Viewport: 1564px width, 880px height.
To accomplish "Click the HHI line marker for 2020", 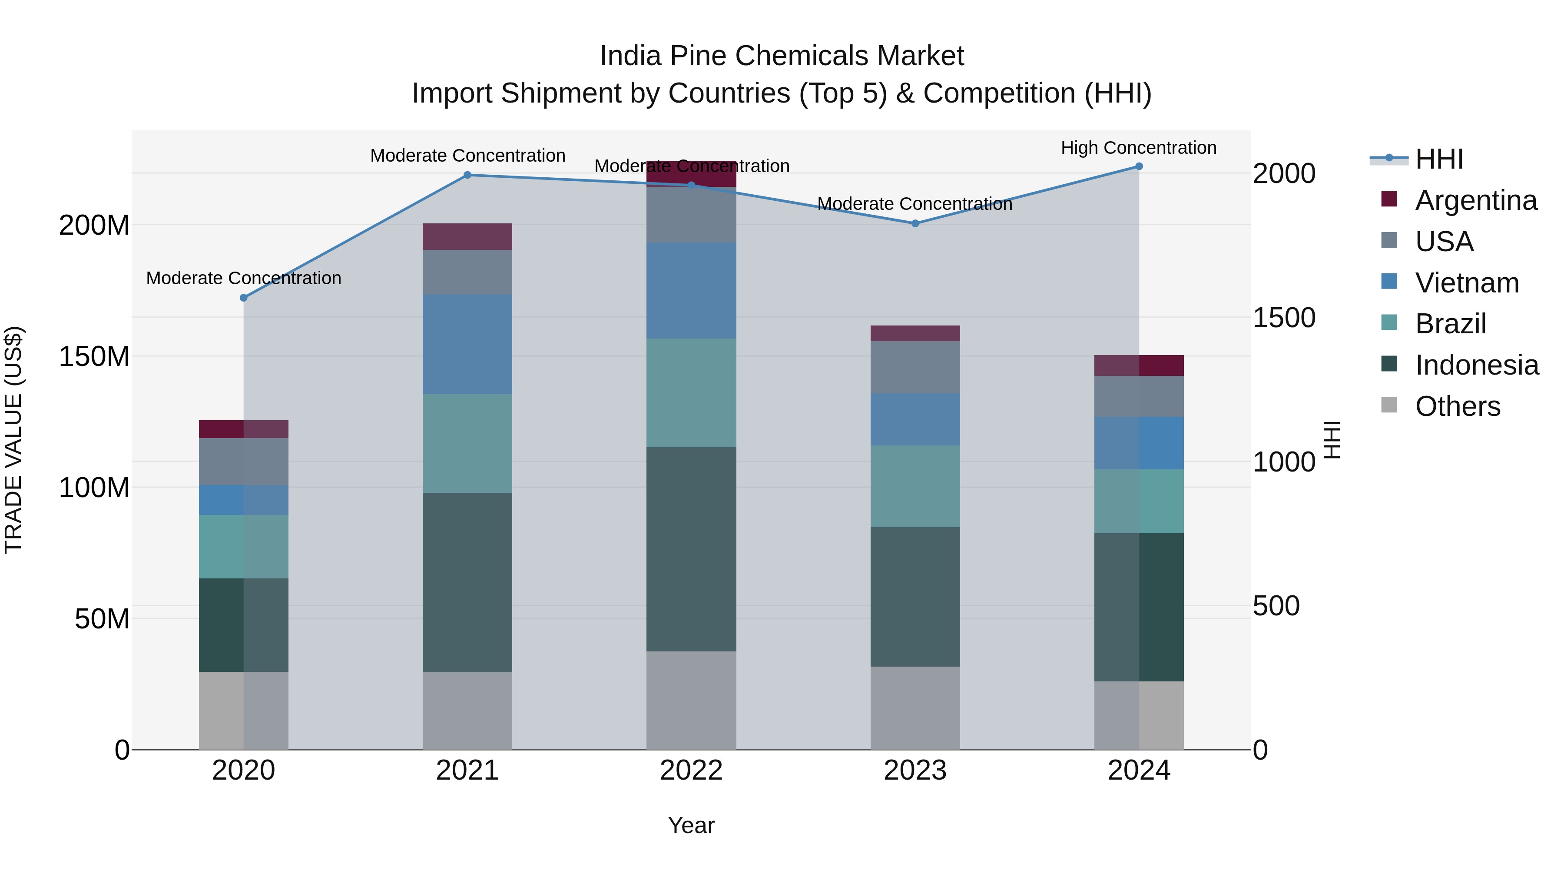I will pyautogui.click(x=243, y=298).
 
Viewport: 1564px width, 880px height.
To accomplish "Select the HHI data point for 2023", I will pyautogui.click(x=915, y=223).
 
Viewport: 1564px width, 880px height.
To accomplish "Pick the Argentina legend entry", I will pyautogui.click(x=1475, y=200).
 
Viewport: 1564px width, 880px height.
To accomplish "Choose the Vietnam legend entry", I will pyautogui.click(x=1466, y=283).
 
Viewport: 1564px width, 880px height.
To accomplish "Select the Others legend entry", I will pyautogui.click(x=1457, y=406).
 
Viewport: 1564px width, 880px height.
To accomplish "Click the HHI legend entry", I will pyautogui.click(x=1438, y=159).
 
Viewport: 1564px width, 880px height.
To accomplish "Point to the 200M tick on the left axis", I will pyautogui.click(x=94, y=225).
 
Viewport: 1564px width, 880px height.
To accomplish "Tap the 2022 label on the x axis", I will pyautogui.click(x=691, y=770).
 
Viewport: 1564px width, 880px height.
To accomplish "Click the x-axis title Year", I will pyautogui.click(x=691, y=825).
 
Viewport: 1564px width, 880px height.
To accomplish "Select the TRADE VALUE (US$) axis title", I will pyautogui.click(x=13, y=440).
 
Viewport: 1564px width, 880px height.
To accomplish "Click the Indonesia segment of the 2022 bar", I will pyautogui.click(x=691, y=550).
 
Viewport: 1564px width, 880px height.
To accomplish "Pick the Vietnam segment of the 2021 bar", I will pyautogui.click(x=467, y=344).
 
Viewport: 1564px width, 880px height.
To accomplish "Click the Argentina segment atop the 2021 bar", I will pyautogui.click(x=467, y=237).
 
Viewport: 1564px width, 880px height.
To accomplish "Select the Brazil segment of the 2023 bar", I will pyautogui.click(x=915, y=486).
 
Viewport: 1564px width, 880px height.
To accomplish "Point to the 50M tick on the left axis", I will pyautogui.click(x=102, y=619).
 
